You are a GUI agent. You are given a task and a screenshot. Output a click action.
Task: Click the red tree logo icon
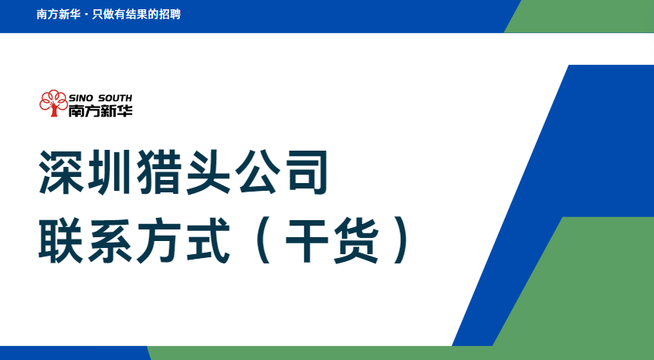(53, 103)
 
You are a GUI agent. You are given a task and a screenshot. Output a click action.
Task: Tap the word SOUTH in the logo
(115, 98)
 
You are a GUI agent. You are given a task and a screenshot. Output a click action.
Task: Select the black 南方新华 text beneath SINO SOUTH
(100, 110)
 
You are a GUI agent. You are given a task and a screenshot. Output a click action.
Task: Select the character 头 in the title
(208, 172)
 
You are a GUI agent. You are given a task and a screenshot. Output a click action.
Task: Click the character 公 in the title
(257, 172)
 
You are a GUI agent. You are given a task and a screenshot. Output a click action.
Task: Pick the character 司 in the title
(306, 172)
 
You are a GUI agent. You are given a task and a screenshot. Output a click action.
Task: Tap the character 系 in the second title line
(110, 241)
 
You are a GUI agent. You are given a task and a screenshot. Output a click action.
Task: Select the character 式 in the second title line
(208, 241)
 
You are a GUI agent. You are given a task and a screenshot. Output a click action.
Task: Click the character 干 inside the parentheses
(307, 241)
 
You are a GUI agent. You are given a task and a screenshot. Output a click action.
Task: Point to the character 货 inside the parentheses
(356, 241)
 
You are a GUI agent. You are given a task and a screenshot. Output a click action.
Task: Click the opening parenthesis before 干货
(263, 241)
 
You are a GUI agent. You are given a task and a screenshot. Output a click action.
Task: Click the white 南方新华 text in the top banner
(59, 14)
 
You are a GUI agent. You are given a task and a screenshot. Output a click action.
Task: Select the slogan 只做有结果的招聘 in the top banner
(137, 14)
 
